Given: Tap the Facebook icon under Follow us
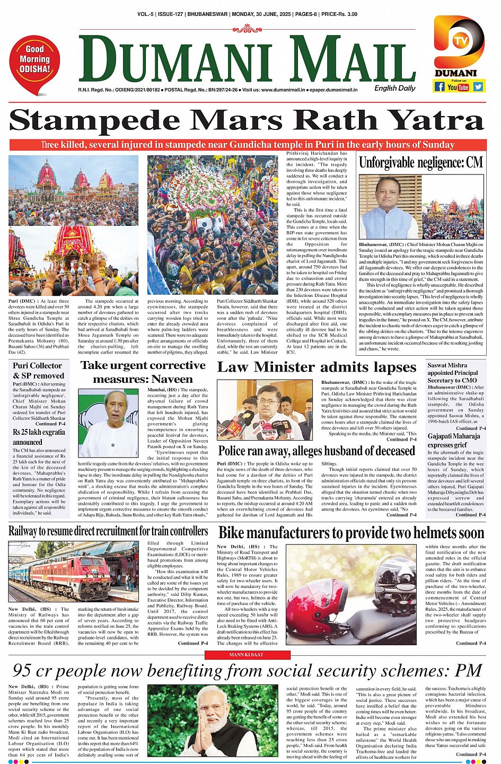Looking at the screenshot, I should click(440, 86).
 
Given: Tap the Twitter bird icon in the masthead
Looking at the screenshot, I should click(478, 86).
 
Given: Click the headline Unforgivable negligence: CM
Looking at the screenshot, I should click(421, 163).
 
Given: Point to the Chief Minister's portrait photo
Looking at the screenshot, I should click(390, 207).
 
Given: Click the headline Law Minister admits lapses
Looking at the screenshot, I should click(317, 367).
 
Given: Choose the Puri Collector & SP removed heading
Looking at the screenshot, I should click(38, 371).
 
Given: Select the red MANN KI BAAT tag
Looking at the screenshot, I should click(245, 655).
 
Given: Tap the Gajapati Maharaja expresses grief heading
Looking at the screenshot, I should click(454, 441).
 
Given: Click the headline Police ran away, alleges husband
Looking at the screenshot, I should click(317, 451).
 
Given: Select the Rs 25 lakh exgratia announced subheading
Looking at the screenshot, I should click(39, 437).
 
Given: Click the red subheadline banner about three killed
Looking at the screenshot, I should click(248, 145).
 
